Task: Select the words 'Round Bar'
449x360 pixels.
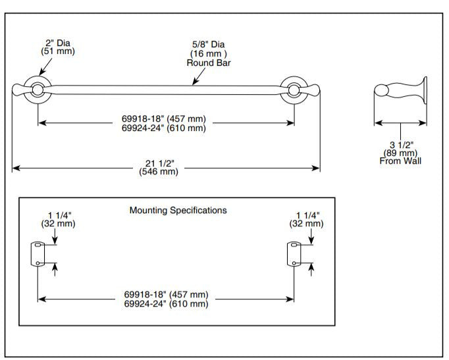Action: (207, 63)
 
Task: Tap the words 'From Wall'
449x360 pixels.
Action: (400, 161)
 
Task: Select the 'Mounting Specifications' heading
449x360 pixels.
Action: (178, 211)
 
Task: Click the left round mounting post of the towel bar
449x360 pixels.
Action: (37, 91)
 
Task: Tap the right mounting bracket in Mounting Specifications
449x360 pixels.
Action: (292, 254)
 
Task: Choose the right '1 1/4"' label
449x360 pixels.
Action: (307, 215)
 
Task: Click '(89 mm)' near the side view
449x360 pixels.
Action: (400, 153)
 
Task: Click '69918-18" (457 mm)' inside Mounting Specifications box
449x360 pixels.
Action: (166, 294)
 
